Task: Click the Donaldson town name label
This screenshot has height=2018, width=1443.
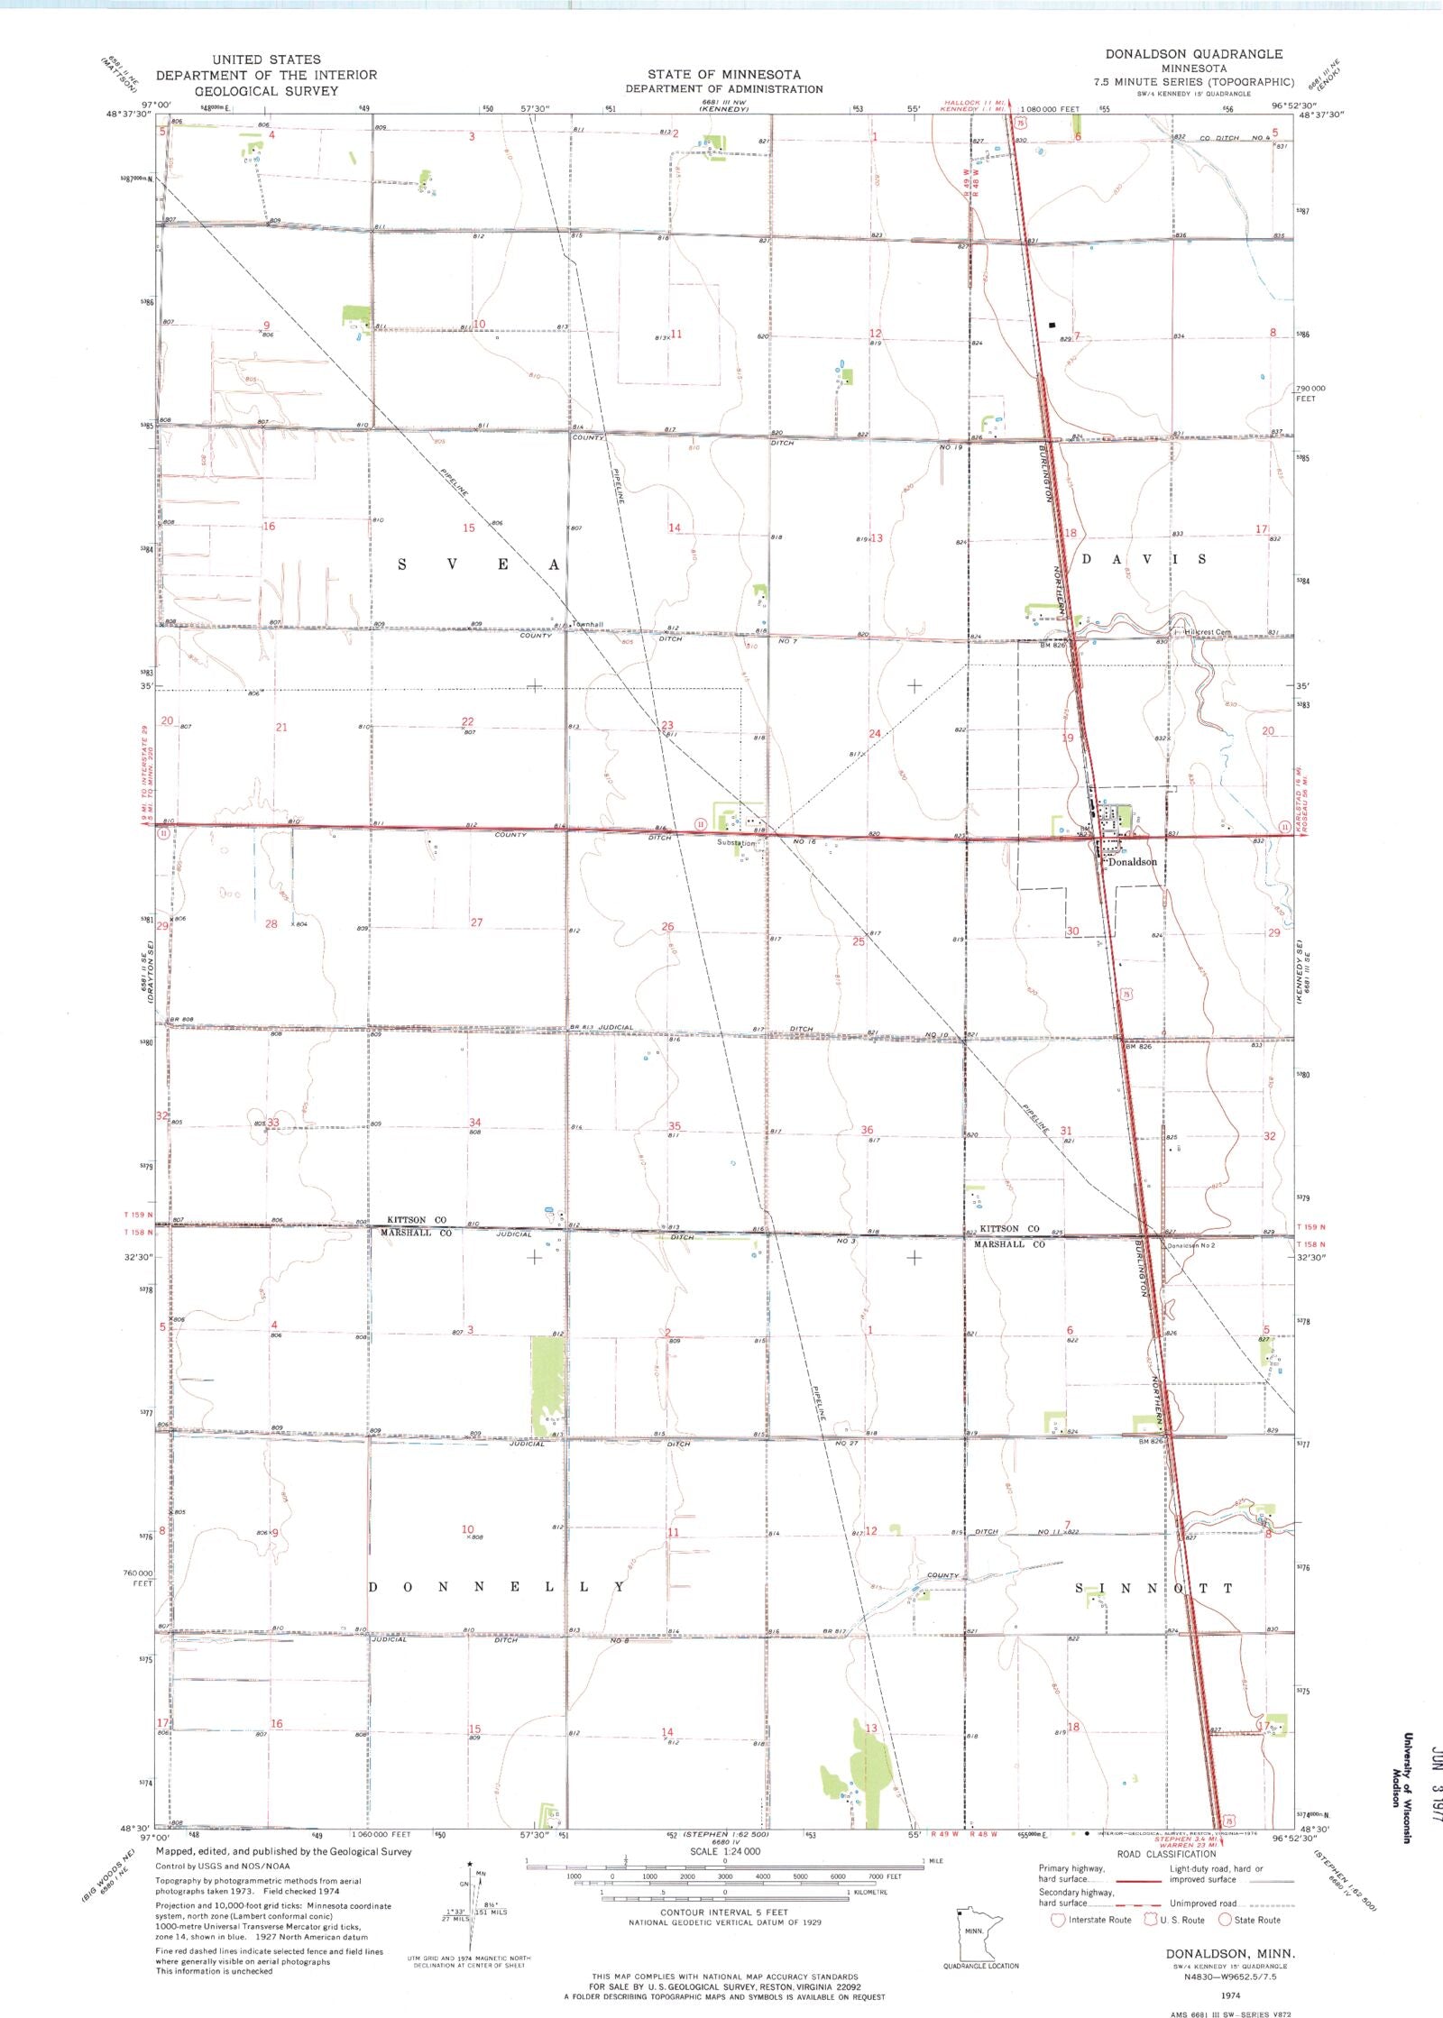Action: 1132,862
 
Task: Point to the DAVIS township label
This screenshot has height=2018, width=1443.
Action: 1144,559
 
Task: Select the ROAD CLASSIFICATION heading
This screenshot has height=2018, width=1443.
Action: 1166,1854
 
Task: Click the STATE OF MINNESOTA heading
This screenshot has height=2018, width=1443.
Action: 723,74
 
